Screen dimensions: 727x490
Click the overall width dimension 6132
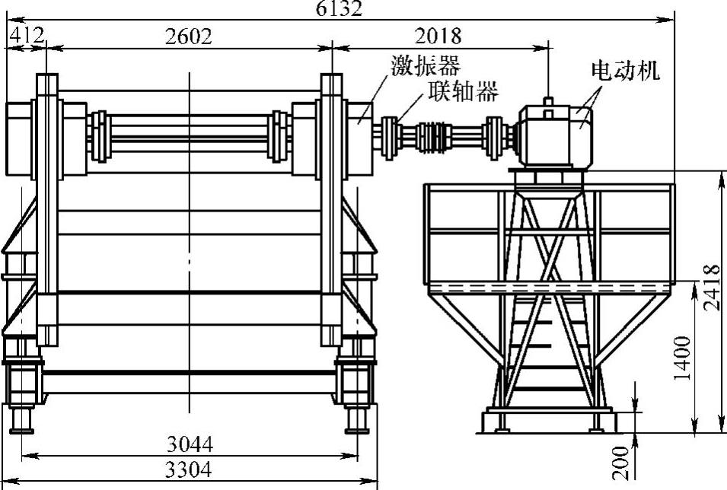(x=339, y=8)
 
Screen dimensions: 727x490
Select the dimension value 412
(x=27, y=35)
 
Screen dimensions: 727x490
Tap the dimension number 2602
(x=189, y=37)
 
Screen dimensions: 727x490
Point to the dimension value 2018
(x=438, y=36)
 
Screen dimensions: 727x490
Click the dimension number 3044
(x=190, y=444)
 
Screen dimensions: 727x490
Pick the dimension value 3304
(x=189, y=469)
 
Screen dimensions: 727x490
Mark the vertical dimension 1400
(x=683, y=358)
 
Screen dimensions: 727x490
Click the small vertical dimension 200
(x=621, y=463)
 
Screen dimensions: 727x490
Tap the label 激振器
(x=426, y=65)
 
